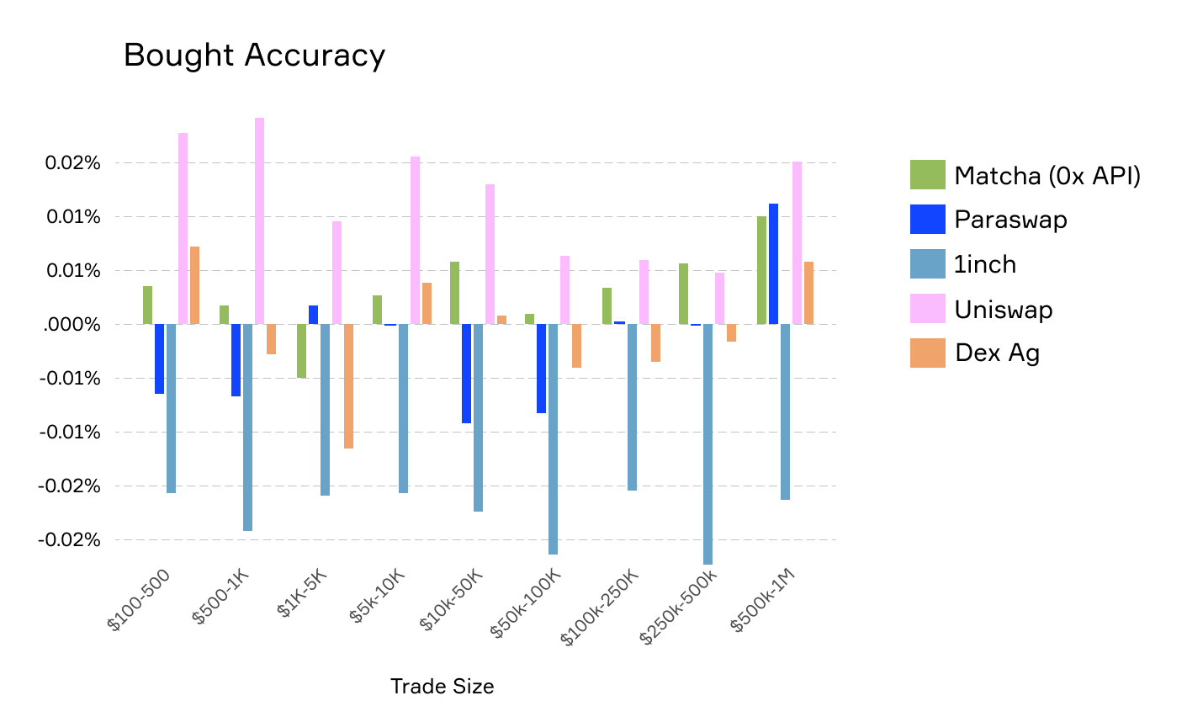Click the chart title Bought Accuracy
(254, 56)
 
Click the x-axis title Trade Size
(442, 687)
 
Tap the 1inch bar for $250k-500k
(707, 443)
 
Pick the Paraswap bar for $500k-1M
(773, 263)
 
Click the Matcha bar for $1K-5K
(301, 351)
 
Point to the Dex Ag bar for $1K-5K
(348, 386)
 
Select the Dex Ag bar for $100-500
(194, 285)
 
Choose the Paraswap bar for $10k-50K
(466, 374)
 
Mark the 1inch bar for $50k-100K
(553, 439)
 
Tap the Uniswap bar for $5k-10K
(415, 240)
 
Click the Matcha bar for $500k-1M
(761, 270)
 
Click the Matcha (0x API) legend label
(1047, 176)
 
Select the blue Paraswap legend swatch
(927, 220)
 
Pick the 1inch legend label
(985, 265)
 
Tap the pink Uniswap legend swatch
(927, 309)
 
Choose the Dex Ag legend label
(997, 353)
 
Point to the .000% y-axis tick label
(72, 325)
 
